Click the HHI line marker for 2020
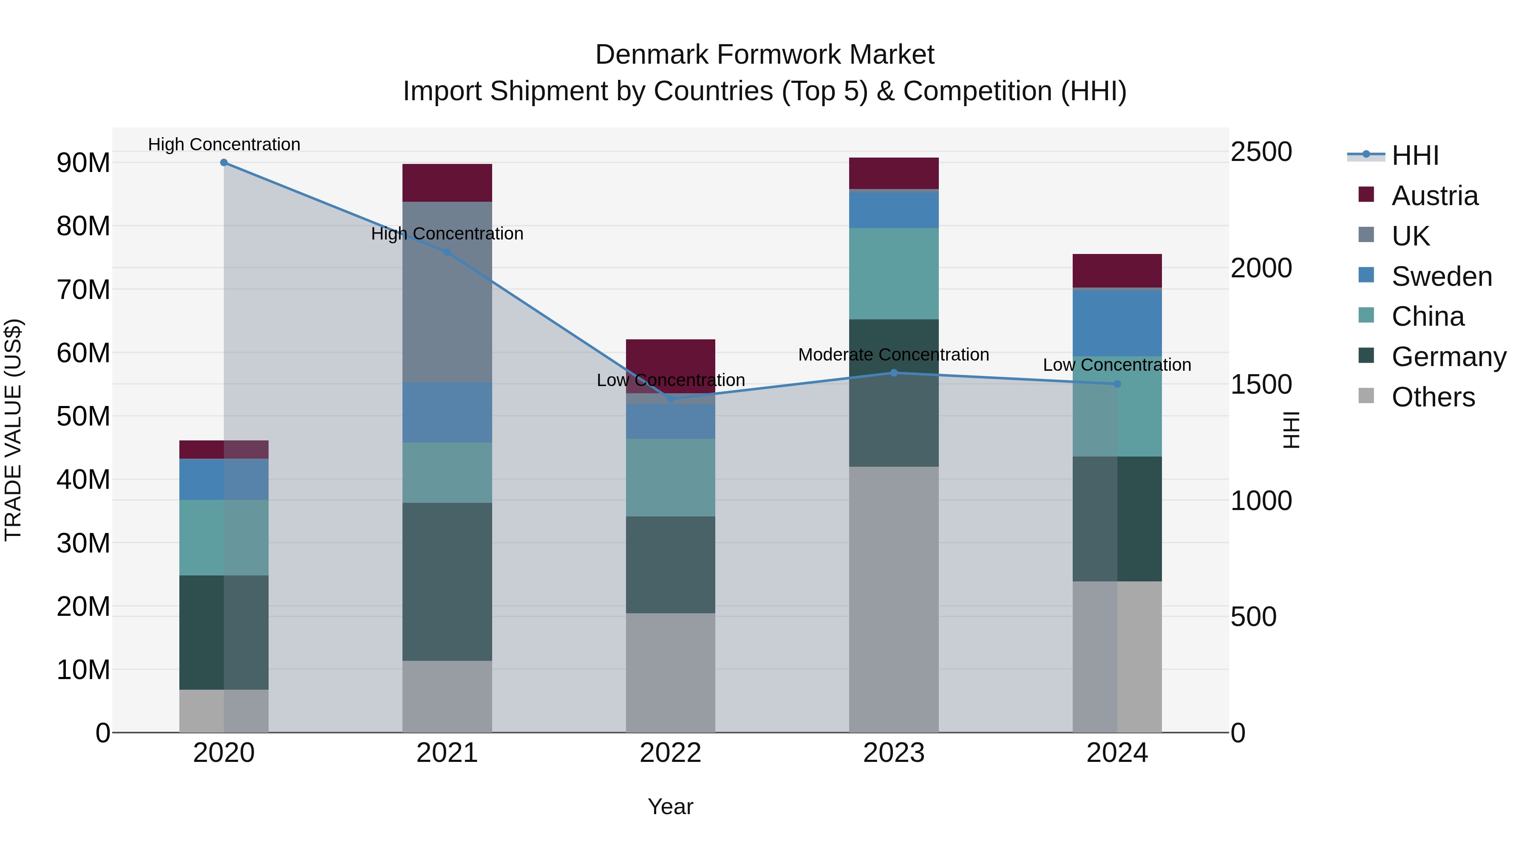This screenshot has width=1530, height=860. tap(224, 163)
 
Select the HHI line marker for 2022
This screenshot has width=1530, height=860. tap(671, 399)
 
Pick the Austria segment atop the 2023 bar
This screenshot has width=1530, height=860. tap(893, 173)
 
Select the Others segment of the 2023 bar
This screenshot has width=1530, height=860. tap(893, 599)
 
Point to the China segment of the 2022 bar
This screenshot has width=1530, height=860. tap(671, 477)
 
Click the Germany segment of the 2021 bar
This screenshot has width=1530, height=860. tap(447, 582)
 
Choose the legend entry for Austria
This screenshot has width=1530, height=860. tap(1434, 196)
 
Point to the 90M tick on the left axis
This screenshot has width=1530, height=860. tap(83, 163)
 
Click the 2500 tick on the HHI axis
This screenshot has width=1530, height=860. tap(1261, 152)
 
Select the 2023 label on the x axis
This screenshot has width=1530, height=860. tap(893, 753)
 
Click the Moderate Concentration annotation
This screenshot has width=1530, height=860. tap(893, 355)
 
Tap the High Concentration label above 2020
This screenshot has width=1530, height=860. tap(224, 144)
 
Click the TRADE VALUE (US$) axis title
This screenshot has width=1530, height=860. tap(14, 430)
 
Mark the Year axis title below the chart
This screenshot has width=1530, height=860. tap(671, 806)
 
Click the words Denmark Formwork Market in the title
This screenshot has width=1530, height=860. tap(765, 55)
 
